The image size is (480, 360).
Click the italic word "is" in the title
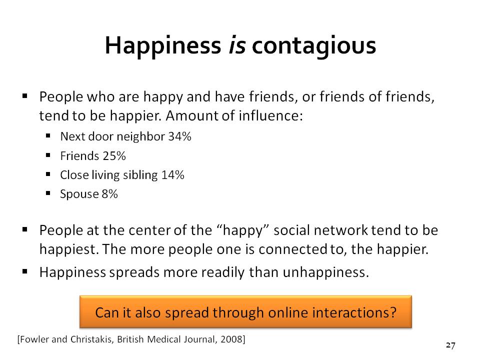coord(237,45)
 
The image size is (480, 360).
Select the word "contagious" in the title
coord(314,47)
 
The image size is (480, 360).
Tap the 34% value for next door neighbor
coord(180,136)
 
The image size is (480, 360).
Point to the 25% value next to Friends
coord(114,156)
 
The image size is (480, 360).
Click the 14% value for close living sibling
coord(172,175)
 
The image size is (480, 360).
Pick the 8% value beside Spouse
coord(109,194)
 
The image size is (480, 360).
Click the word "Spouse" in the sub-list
coord(79,194)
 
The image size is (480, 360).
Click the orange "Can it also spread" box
coord(245,311)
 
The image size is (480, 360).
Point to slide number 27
coord(450,345)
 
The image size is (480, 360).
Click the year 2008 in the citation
coord(231,339)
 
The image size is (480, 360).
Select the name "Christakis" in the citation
coord(91,339)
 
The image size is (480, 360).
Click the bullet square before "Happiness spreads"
coord(25,271)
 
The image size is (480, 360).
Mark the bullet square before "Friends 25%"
coord(48,155)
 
